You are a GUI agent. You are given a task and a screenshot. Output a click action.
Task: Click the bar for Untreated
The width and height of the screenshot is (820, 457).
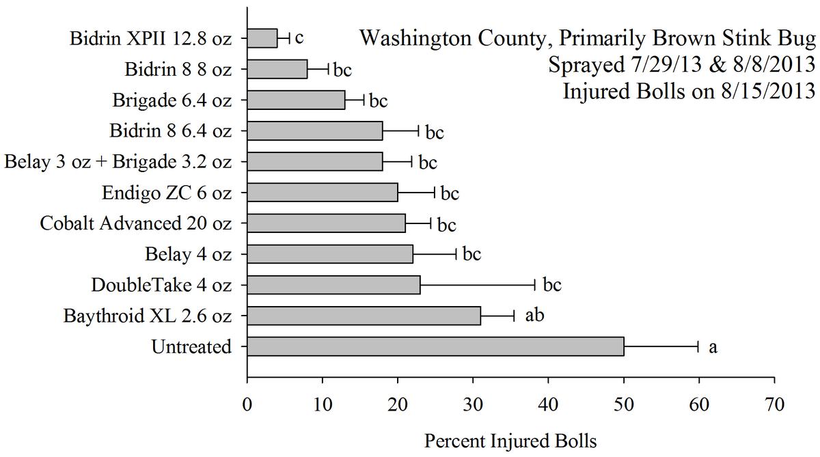435,346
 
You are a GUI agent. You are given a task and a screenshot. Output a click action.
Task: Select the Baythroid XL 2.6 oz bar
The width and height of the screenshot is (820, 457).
364,316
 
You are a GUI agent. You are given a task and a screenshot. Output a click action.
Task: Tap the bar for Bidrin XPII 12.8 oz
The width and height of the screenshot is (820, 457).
262,38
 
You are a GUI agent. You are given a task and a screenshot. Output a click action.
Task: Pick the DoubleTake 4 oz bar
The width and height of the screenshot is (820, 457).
333,285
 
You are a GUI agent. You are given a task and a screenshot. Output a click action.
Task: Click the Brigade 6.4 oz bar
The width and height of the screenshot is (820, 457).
296,100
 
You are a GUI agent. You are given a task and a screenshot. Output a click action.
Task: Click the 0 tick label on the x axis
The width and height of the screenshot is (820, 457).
247,404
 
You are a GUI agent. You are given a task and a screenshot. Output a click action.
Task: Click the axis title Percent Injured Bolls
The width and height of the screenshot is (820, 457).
510,441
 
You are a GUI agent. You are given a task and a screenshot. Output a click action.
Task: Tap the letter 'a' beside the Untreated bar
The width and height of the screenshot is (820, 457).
713,347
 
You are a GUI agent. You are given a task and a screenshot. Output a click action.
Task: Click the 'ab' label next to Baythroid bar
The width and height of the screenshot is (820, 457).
534,316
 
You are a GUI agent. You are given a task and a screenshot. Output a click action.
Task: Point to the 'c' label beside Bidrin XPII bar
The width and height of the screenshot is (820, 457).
299,37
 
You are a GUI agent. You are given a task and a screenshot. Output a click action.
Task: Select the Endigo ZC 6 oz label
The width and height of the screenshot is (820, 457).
167,193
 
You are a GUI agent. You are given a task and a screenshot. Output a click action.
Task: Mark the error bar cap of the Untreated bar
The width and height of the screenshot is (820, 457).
698,346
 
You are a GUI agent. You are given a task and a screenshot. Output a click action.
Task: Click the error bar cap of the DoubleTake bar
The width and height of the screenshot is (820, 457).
534,285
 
